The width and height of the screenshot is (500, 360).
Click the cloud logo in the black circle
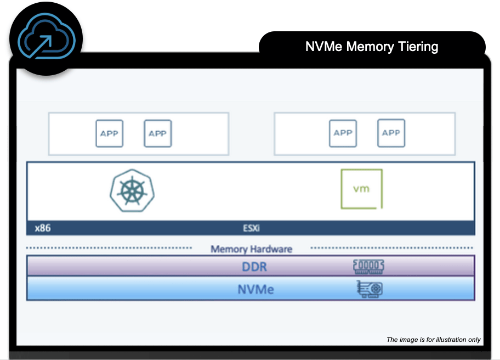46,38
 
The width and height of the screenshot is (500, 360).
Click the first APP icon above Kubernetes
110,133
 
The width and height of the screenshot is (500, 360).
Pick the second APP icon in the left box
158,133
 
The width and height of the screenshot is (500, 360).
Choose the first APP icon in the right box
343,133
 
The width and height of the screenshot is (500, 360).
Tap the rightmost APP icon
391,133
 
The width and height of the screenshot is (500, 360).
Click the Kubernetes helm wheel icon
132,190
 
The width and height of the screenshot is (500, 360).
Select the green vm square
361,189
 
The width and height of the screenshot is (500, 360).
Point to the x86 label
43,228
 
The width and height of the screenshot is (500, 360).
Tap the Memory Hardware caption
252,249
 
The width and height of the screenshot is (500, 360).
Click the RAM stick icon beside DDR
368,266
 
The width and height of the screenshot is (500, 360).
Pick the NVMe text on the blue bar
256,289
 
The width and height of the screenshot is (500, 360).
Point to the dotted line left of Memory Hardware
110,248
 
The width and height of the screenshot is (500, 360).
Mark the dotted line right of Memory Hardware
393,248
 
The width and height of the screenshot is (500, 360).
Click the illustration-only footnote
434,340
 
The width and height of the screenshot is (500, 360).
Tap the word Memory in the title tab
371,47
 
